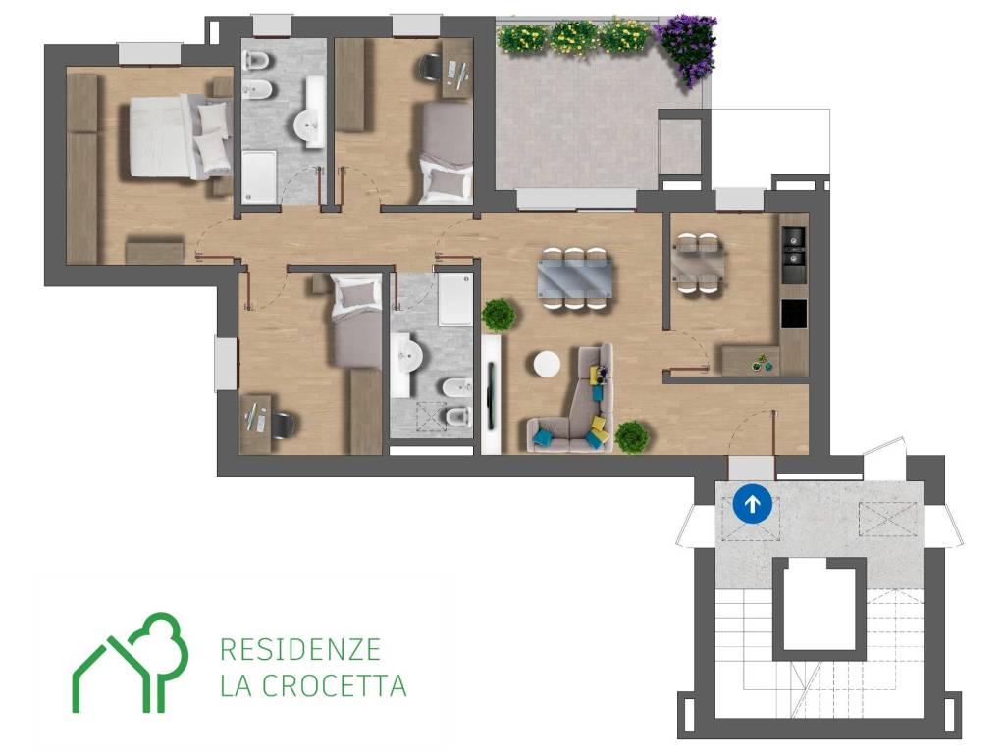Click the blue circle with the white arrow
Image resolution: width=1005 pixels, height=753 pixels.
click(x=752, y=504)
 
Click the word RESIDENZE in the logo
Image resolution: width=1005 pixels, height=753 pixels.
click(x=300, y=650)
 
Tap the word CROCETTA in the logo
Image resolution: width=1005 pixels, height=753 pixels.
click(x=335, y=685)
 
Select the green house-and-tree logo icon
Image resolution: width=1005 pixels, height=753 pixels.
click(x=131, y=663)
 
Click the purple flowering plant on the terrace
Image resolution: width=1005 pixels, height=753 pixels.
click(x=687, y=49)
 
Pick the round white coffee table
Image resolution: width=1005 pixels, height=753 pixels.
click(x=547, y=365)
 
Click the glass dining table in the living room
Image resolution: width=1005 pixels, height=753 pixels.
click(x=574, y=278)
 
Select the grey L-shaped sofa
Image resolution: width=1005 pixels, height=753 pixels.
click(x=573, y=402)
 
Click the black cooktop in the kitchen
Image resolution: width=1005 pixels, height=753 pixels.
click(x=794, y=314)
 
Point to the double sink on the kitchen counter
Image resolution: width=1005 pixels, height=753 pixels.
click(x=794, y=247)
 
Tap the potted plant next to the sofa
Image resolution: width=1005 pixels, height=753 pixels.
click(x=631, y=437)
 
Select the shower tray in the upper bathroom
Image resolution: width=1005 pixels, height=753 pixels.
click(x=259, y=176)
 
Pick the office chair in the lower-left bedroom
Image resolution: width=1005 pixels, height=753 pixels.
click(x=283, y=424)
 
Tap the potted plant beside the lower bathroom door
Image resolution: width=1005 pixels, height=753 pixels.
click(x=499, y=315)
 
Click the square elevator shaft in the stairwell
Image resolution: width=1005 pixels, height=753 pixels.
click(x=820, y=609)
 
